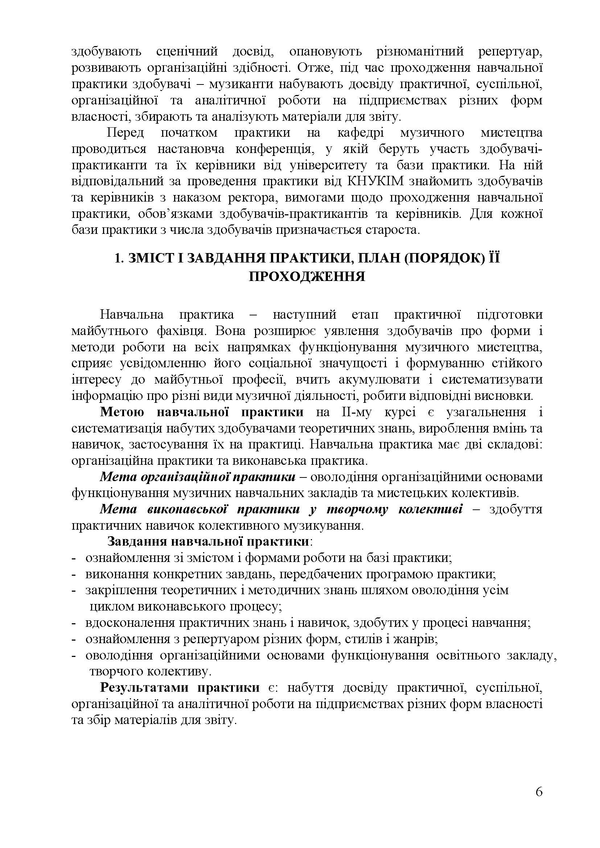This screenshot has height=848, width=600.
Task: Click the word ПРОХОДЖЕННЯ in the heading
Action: [307, 277]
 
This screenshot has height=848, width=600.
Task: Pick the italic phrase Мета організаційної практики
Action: [198, 477]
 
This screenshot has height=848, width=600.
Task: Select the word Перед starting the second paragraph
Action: [125, 133]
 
